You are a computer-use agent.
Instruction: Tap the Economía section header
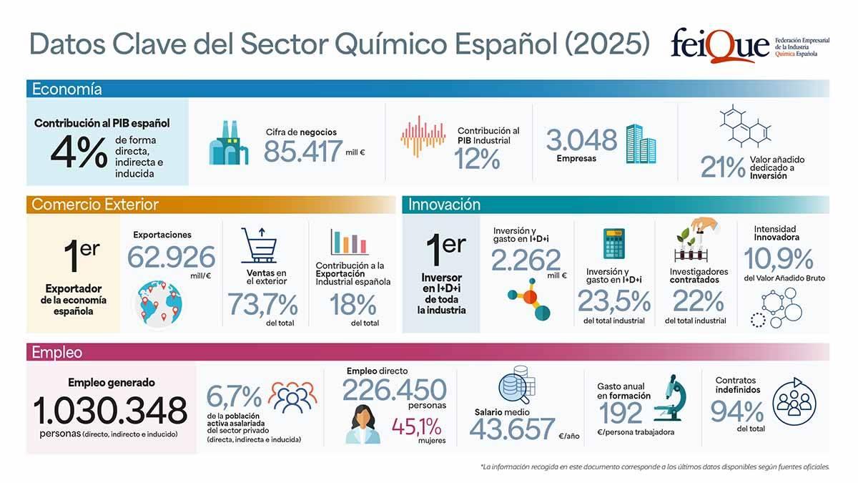click(x=67, y=89)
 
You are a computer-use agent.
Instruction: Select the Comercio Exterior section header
click(x=94, y=205)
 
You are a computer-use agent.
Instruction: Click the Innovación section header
click(x=444, y=205)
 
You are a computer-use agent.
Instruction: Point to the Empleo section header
click(x=56, y=352)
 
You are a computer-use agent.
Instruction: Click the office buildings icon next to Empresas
click(x=640, y=143)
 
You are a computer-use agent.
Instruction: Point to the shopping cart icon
click(x=258, y=245)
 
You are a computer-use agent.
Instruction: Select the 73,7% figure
click(x=262, y=306)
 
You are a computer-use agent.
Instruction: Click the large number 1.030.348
click(x=110, y=410)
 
